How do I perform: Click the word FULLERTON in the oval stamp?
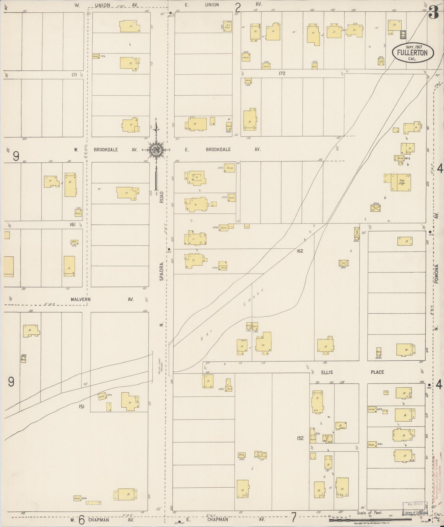tap(412, 53)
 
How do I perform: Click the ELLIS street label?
tap(327, 372)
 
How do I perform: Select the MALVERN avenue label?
tap(81, 299)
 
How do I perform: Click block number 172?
tap(282, 73)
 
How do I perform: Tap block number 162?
tap(300, 251)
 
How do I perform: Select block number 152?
tap(300, 438)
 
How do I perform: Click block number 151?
tap(81, 406)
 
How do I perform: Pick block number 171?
tap(73, 75)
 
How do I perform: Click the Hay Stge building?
tap(401, 183)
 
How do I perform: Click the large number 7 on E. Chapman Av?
tap(294, 518)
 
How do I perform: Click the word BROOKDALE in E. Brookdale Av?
tap(218, 149)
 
